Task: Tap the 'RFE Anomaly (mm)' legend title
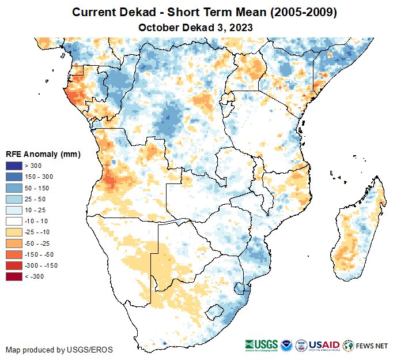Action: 43,154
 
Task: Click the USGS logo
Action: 262,345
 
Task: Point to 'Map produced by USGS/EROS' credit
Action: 59,350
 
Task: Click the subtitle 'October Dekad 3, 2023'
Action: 196,27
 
